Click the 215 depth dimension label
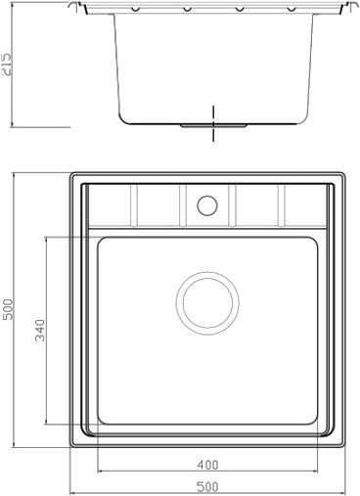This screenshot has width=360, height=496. [7, 64]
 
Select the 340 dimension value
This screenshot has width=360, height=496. [40, 330]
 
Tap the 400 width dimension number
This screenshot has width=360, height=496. [207, 465]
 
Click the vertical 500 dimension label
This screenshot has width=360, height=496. [8, 309]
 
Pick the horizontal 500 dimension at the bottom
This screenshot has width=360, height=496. [207, 487]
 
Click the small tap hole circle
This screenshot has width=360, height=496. [207, 205]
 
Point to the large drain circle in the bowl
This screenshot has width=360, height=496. [207, 303]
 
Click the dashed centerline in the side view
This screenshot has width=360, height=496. [213, 123]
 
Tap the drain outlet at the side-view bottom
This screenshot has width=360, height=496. [213, 125]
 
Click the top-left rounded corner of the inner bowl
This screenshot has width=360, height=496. [100, 240]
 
